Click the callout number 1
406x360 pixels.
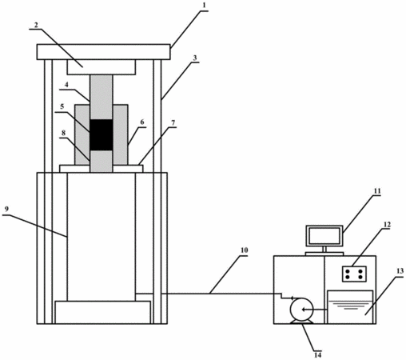pyautogui.click(x=204, y=6)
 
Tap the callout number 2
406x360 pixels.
pyautogui.click(x=36, y=25)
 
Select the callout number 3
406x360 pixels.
pyautogui.click(x=195, y=58)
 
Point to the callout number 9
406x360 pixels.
pyautogui.click(x=6, y=209)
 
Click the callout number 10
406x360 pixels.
pyautogui.click(x=244, y=250)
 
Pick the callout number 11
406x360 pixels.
pyautogui.click(x=377, y=191)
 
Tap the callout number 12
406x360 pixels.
pyautogui.click(x=387, y=225)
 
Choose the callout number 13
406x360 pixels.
pyautogui.click(x=400, y=271)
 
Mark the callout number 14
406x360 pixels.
pyautogui.click(x=317, y=355)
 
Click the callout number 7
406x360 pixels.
pyautogui.click(x=173, y=122)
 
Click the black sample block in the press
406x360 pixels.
pyautogui.click(x=101, y=135)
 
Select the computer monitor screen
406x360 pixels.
pyautogui.click(x=324, y=236)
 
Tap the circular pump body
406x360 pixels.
pyautogui.click(x=302, y=310)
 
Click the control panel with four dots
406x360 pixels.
pyautogui.click(x=354, y=274)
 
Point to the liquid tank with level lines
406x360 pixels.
pyautogui.click(x=350, y=307)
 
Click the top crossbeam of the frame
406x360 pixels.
pyautogui.click(x=103, y=52)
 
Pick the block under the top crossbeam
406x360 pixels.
pyautogui.click(x=101, y=67)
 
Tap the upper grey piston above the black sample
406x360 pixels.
pyautogui.click(x=101, y=97)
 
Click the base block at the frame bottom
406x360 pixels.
pyautogui.click(x=102, y=312)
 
